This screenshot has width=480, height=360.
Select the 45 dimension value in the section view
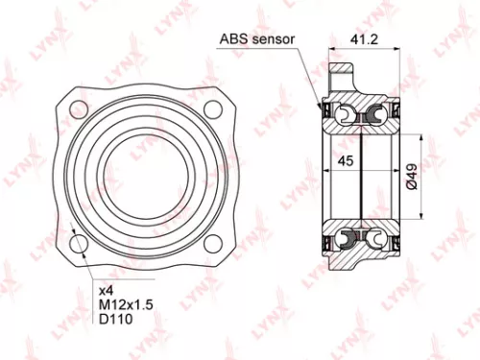click(x=347, y=162)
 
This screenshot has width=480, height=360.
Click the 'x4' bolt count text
click(x=106, y=288)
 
